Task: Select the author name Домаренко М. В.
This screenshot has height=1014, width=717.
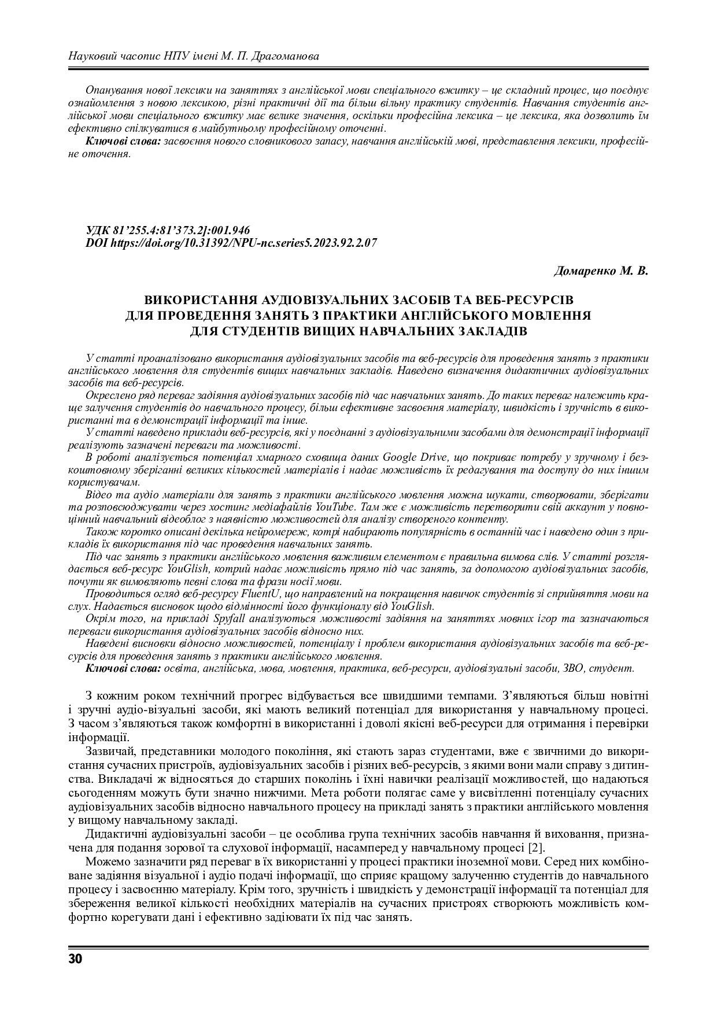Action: coord(601,271)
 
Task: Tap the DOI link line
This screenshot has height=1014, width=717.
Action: coord(231,243)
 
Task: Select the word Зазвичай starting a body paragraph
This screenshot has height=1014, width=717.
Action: coord(109,751)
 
